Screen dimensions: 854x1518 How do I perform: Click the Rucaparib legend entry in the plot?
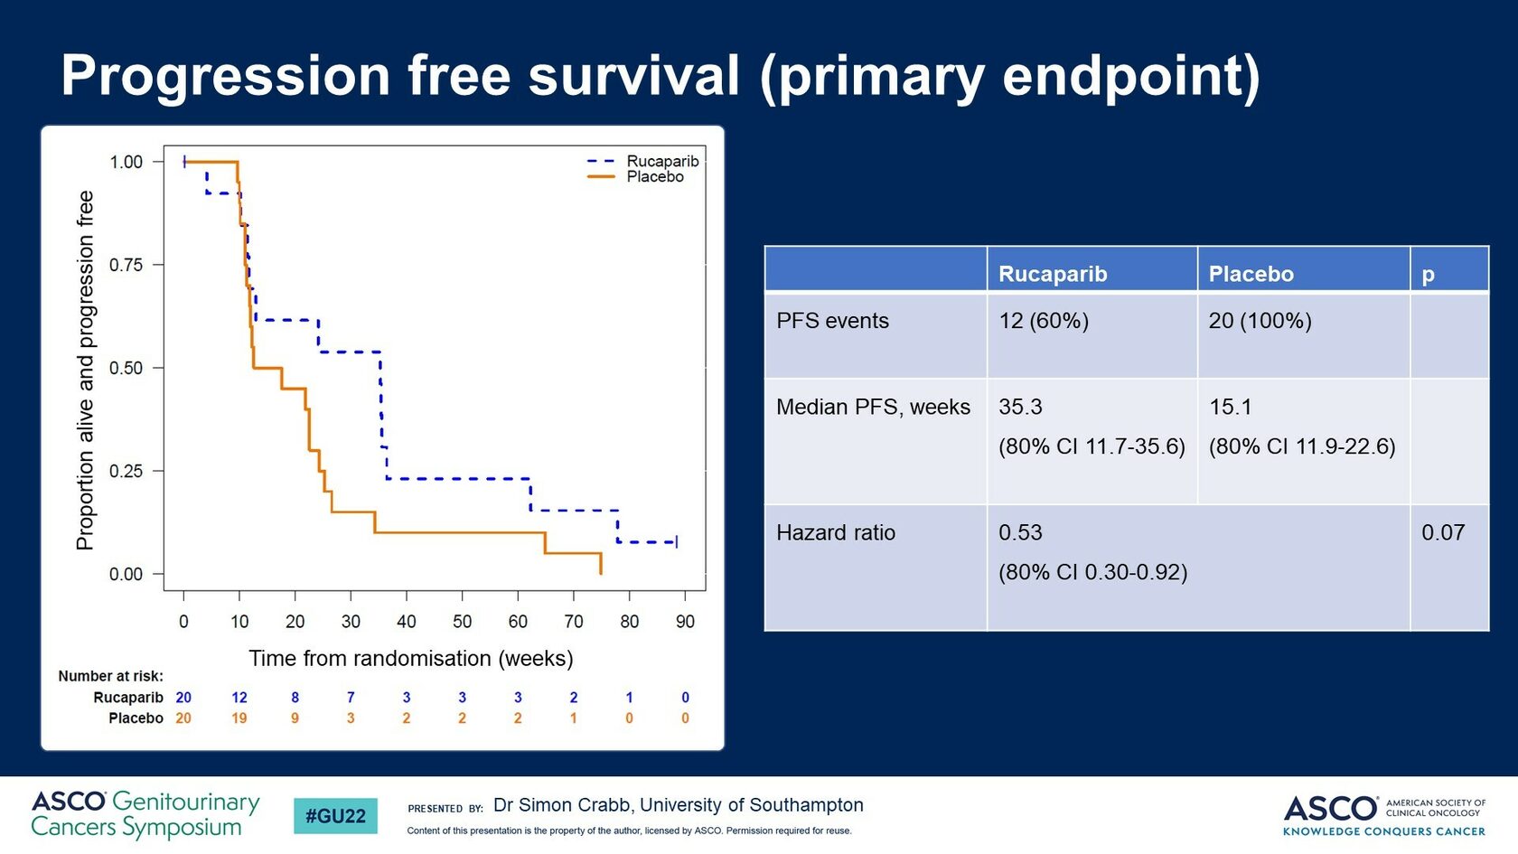(661, 161)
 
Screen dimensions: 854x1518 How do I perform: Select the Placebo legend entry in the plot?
(654, 177)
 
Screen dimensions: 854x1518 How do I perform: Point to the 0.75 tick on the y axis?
(126, 265)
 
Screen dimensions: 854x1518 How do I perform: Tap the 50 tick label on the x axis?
(462, 622)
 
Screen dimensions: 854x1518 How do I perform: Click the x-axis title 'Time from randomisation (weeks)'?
(410, 658)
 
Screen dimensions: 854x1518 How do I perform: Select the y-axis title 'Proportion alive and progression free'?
(85, 370)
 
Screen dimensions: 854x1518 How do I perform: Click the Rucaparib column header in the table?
(1053, 274)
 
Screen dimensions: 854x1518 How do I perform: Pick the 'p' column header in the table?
(1428, 274)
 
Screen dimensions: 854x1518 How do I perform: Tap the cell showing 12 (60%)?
(1044, 321)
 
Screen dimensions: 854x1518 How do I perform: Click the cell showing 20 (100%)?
(1260, 321)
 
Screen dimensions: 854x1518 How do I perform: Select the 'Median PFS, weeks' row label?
(873, 407)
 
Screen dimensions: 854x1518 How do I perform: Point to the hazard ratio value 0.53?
(1020, 532)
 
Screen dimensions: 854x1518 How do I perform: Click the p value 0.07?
(1442, 532)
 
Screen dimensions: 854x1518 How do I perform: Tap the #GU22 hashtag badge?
(335, 816)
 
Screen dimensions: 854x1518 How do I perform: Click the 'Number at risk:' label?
(110, 676)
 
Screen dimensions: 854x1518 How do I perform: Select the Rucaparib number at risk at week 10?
(239, 698)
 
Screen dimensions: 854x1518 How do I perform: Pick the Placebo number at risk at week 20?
(295, 718)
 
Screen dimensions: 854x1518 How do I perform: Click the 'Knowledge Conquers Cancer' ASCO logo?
(1383, 815)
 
